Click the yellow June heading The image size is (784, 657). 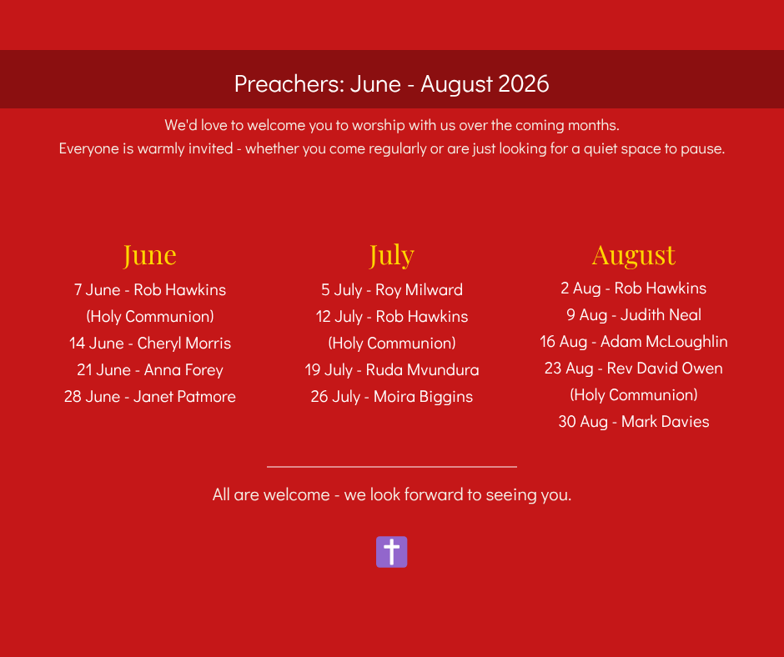pos(149,255)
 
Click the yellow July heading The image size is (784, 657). pos(391,255)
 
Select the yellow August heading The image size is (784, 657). pos(634,255)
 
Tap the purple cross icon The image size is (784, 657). pos(391,552)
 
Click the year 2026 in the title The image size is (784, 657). pos(524,83)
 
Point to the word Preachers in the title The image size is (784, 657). pos(289,83)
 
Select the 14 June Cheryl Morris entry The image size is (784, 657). pos(150,343)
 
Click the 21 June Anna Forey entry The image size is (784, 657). pos(150,370)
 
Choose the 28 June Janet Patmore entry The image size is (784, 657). pos(150,397)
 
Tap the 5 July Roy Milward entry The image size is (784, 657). pos(391,290)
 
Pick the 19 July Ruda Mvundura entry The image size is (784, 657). pos(391,370)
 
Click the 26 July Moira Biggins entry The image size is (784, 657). pos(391,397)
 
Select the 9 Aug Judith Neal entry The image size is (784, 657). pos(634,315)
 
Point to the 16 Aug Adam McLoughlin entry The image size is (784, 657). pos(634,342)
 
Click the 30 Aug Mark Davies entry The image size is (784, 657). pos(634,422)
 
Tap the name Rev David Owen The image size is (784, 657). pos(665,368)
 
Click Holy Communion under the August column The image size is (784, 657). pos(634,395)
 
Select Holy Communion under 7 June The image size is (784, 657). pos(150,317)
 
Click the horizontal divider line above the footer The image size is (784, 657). pos(391,467)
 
